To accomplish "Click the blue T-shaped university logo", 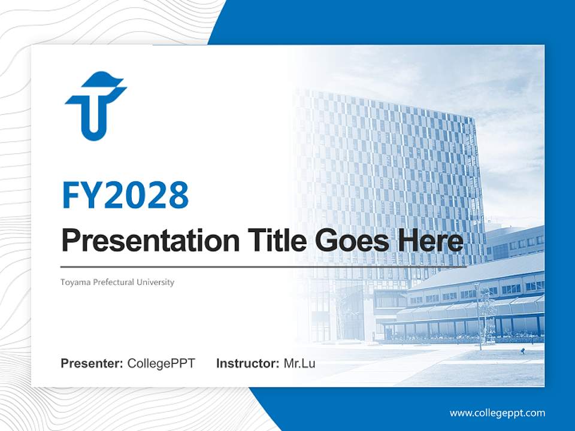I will [95, 106].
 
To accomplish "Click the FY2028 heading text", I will [125, 195].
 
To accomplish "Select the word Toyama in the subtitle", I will [72, 282].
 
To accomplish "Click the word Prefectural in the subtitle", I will [113, 282].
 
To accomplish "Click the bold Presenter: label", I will [92, 363].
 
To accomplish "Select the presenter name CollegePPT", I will [161, 363].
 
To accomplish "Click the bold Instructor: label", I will [247, 363].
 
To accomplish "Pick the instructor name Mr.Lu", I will [299, 363].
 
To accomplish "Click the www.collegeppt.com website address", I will [497, 412].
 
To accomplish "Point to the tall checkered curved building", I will [389, 174].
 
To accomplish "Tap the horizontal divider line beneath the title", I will [264, 266].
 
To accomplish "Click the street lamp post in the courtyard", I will [479, 317].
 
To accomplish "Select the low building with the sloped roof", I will [473, 299].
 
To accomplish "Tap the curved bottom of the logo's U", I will [93, 134].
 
